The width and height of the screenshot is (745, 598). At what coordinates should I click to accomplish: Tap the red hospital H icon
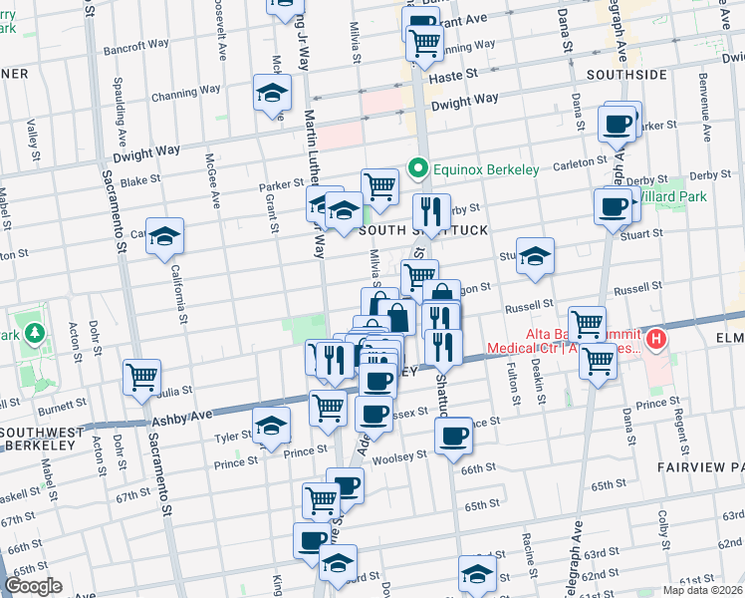click(655, 341)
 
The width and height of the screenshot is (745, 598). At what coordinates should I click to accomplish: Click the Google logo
click(33, 586)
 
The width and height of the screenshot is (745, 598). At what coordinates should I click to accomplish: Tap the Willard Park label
click(673, 196)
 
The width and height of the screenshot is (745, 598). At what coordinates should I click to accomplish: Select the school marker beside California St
click(165, 235)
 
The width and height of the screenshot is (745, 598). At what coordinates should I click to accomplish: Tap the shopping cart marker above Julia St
click(142, 376)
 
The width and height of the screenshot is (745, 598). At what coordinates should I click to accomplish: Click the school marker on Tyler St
click(272, 425)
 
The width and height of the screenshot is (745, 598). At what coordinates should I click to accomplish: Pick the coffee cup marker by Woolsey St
click(454, 435)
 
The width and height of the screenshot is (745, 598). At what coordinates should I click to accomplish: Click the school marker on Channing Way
click(272, 92)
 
